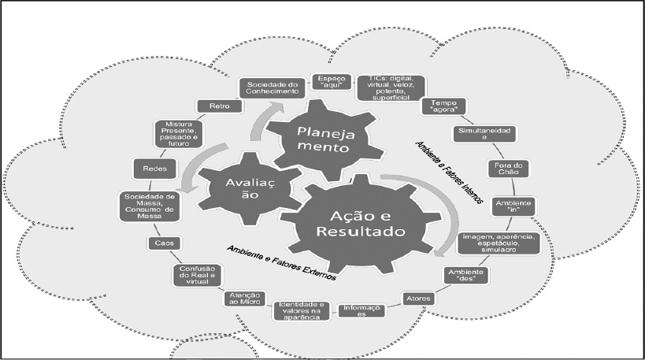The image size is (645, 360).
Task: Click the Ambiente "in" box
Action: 513,206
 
